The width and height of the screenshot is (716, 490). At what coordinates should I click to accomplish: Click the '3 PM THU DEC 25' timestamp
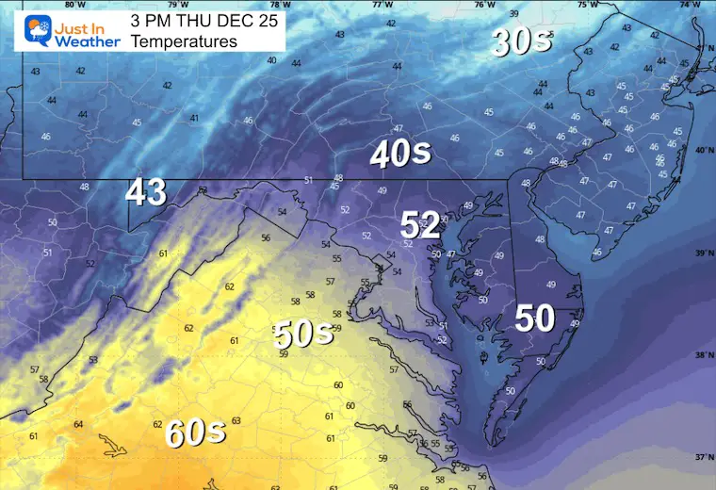tap(205, 20)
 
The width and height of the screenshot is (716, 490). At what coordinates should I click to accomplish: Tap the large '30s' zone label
tap(521, 41)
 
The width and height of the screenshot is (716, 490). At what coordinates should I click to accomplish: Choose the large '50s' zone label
tap(304, 335)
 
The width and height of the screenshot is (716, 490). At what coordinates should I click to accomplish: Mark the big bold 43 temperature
tap(147, 192)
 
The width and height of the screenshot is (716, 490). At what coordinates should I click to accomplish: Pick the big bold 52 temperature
tap(420, 224)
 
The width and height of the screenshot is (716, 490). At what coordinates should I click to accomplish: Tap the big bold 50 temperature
tap(534, 318)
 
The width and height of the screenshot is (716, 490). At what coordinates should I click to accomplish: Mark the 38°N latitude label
tap(702, 356)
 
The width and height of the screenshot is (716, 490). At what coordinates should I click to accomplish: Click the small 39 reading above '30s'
tap(513, 13)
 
